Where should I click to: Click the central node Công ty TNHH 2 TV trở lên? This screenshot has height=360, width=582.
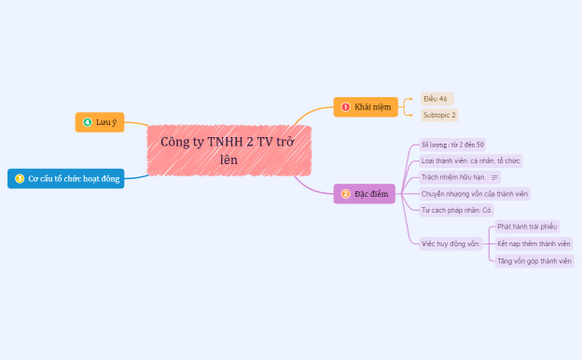[229, 150]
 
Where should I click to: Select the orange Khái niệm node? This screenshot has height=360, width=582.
[359, 107]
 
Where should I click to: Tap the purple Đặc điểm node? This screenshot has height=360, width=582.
[365, 194]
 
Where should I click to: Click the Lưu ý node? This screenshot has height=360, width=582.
[99, 122]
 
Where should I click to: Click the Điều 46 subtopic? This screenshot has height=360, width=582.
[435, 99]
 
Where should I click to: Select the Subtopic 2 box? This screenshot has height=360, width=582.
[439, 116]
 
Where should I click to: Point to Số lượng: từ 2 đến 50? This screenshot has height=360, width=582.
[452, 145]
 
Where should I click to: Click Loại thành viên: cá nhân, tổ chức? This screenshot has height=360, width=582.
[470, 161]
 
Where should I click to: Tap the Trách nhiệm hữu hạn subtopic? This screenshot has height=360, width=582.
[453, 177]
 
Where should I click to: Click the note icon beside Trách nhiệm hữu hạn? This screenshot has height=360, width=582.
[494, 177]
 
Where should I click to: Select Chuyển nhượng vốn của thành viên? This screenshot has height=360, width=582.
[475, 194]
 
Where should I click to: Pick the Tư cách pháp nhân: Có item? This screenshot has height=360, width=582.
[456, 211]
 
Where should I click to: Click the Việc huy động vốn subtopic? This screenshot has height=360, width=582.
[450, 243]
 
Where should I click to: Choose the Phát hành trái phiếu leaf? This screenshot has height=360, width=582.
[527, 227]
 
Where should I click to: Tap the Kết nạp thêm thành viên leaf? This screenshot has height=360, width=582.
[533, 243]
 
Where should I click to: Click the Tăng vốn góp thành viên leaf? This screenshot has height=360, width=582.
[534, 261]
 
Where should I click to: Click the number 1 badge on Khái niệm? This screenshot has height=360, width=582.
[346, 107]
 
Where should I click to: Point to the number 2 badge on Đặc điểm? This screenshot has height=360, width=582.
[346, 194]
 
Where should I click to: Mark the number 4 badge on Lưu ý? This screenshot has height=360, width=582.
[88, 122]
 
